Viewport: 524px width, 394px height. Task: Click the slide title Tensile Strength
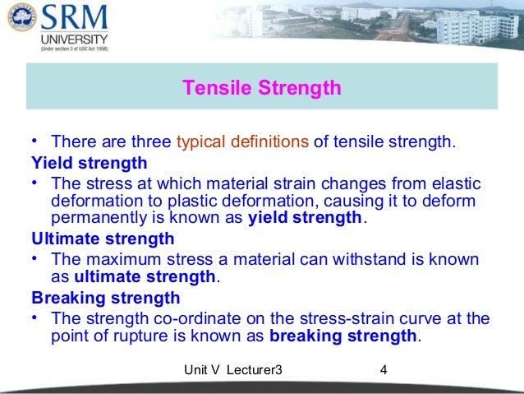click(x=261, y=88)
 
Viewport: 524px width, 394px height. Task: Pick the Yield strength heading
click(x=90, y=162)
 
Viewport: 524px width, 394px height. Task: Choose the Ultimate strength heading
click(x=103, y=239)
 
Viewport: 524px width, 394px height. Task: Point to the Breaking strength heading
click(x=105, y=298)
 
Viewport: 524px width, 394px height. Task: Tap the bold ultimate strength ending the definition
click(x=145, y=276)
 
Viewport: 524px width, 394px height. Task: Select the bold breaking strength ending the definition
click(x=343, y=336)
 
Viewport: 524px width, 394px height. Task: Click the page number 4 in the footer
click(x=384, y=371)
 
